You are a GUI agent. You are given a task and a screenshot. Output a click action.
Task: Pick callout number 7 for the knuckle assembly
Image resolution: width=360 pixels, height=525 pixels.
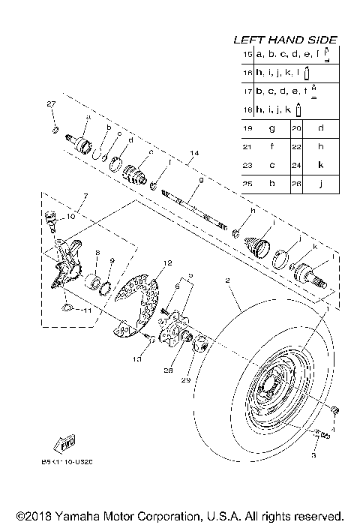pos(86,196)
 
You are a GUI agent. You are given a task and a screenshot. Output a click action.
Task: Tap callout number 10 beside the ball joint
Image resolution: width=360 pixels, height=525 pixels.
pos(72,216)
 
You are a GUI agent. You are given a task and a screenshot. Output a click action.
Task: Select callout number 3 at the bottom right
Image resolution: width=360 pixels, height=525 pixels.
pos(314,454)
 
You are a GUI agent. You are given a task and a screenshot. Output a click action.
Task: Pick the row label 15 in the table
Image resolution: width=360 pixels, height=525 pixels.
pos(247,55)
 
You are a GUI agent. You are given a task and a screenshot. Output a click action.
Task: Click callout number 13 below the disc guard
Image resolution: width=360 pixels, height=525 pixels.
pos(136,361)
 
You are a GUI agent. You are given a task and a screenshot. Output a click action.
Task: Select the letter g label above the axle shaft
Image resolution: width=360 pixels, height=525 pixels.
pos(180,181)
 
